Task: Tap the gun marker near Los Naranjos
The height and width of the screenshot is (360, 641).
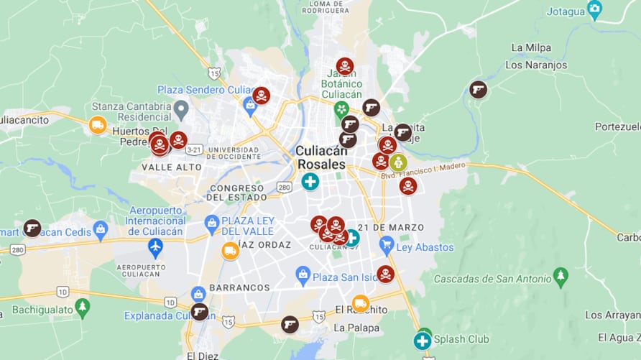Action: tap(478, 90)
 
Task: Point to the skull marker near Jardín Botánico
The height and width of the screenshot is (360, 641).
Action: tap(345, 66)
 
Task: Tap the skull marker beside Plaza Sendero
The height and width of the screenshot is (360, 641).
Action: tap(261, 96)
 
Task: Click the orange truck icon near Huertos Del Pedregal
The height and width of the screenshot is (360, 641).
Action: tap(98, 125)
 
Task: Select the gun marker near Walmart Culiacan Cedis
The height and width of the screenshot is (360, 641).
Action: tap(32, 228)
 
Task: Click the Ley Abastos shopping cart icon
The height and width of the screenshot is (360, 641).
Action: tap(387, 246)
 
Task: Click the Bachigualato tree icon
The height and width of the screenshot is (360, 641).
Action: tap(83, 307)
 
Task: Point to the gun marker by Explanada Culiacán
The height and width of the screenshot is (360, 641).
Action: tap(199, 312)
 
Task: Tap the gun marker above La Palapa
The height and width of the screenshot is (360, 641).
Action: tap(290, 324)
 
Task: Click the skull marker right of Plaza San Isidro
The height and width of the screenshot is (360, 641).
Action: tap(386, 274)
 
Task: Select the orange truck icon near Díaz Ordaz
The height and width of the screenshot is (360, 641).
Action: tap(230, 251)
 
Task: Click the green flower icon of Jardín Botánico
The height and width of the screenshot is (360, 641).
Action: tap(341, 109)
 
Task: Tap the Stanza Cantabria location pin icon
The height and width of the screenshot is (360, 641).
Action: tap(181, 110)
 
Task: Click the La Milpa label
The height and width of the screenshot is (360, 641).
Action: tap(531, 47)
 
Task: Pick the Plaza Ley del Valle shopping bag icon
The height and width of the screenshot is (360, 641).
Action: tap(212, 223)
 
